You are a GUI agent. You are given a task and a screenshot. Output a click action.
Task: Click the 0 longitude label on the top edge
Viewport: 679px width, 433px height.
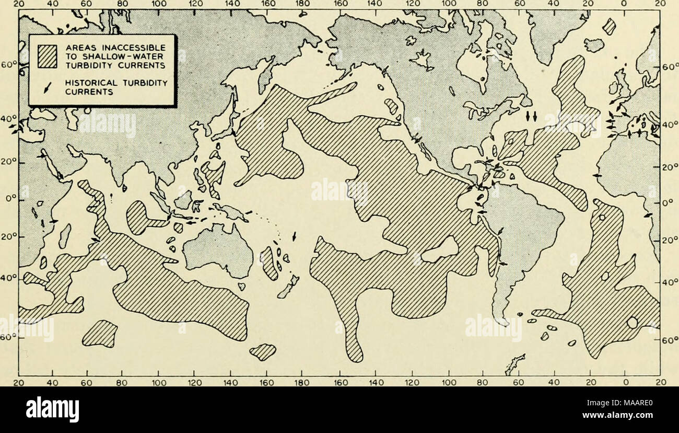pyautogui.click(x=627, y=3)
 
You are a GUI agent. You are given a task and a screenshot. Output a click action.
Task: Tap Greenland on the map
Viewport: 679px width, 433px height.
pyautogui.click(x=556, y=31)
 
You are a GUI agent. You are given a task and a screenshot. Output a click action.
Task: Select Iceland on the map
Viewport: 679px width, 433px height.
pyautogui.click(x=593, y=45)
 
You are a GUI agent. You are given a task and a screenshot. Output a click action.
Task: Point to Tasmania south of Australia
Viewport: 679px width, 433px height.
pyautogui.click(x=241, y=287)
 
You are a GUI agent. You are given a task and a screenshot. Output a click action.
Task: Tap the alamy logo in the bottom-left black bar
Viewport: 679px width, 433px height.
pyautogui.click(x=52, y=409)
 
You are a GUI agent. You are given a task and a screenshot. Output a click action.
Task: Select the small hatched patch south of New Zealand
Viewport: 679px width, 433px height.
pyautogui.click(x=263, y=351)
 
